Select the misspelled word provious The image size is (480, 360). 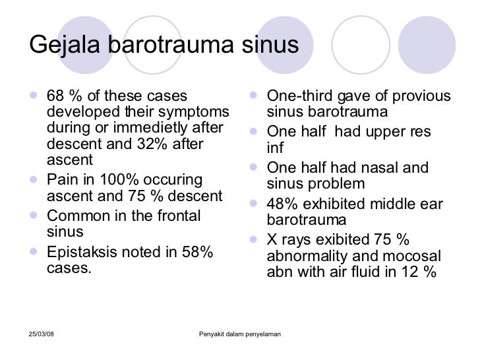[x=421, y=97]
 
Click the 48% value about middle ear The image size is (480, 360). [x=282, y=204]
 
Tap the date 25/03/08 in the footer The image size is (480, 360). [x=42, y=334]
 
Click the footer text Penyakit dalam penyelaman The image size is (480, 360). [x=240, y=334]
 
